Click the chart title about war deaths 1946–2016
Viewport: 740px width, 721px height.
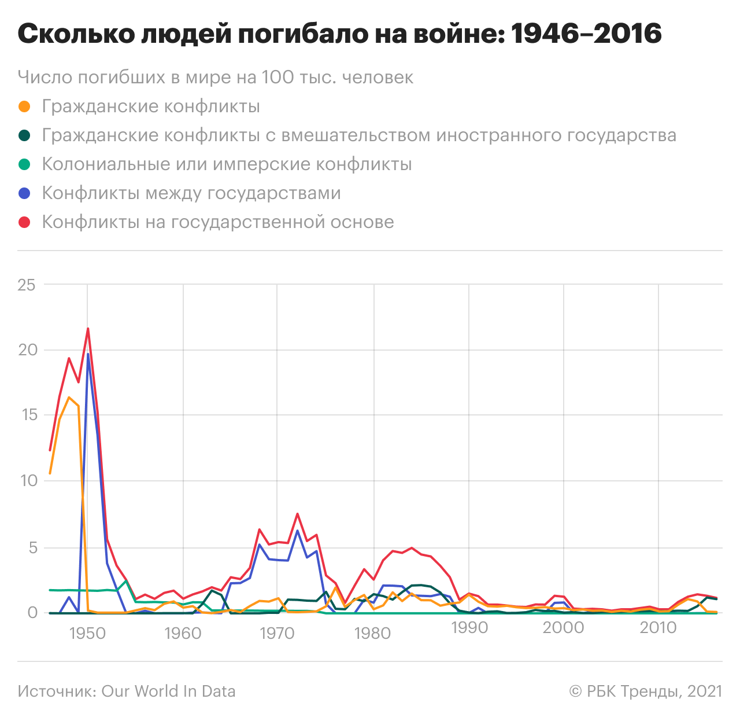[339, 35]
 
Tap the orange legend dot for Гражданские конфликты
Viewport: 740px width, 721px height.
[24, 106]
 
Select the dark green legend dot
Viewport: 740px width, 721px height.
[24, 135]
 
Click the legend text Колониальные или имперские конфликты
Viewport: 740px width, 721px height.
[227, 164]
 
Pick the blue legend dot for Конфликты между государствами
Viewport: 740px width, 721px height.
[24, 193]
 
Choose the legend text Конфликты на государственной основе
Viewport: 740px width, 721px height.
[218, 222]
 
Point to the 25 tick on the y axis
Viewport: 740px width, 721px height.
[27, 285]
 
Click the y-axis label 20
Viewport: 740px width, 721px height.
[27, 350]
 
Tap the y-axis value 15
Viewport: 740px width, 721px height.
[27, 415]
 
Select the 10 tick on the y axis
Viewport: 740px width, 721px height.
[27, 481]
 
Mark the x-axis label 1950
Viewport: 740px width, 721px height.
[87, 633]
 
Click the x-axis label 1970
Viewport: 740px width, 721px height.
[277, 633]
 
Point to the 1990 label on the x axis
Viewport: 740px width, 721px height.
[469, 628]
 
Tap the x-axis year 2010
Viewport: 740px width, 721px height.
[658, 628]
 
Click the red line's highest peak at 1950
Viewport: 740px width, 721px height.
[88, 329]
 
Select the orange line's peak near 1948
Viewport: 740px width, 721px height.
[69, 398]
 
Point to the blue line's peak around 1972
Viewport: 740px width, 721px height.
[297, 531]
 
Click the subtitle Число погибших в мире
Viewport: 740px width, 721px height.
[215, 78]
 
